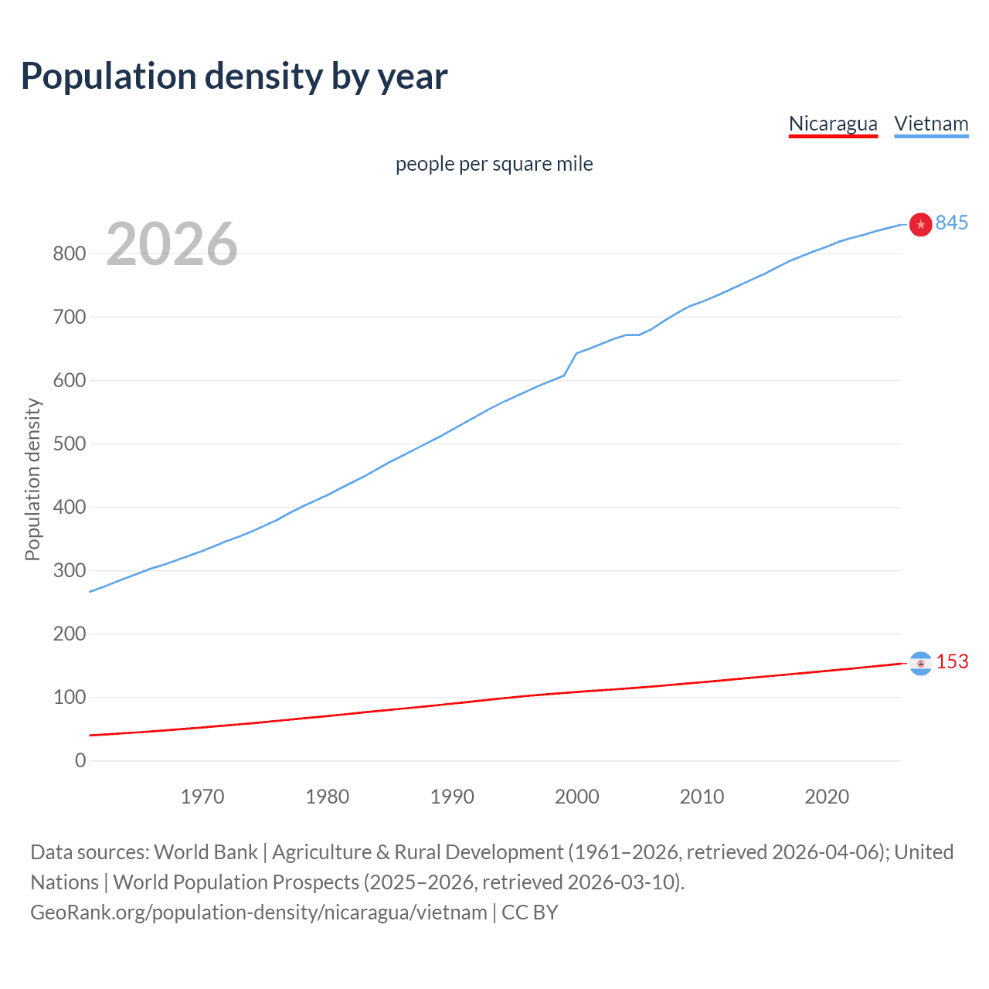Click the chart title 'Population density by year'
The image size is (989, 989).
234,76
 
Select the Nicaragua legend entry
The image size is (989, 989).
833,124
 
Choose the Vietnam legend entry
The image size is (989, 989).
931,124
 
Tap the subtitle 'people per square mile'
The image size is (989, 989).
494,164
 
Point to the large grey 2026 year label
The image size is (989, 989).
172,244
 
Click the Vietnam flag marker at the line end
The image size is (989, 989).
920,224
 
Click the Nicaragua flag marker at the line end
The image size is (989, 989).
920,663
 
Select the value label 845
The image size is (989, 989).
951,223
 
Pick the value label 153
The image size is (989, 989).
952,661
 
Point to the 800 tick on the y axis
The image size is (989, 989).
69,253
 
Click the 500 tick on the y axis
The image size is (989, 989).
69,444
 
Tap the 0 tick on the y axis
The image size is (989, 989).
80,760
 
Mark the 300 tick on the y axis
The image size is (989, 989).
69,570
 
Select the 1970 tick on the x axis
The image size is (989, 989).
202,797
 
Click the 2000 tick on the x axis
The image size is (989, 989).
576,797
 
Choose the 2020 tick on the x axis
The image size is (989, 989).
827,797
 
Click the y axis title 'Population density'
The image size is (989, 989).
32,479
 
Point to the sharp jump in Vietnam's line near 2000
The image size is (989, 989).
570,364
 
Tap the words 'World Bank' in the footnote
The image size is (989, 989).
206,852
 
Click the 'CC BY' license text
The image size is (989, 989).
530,913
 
